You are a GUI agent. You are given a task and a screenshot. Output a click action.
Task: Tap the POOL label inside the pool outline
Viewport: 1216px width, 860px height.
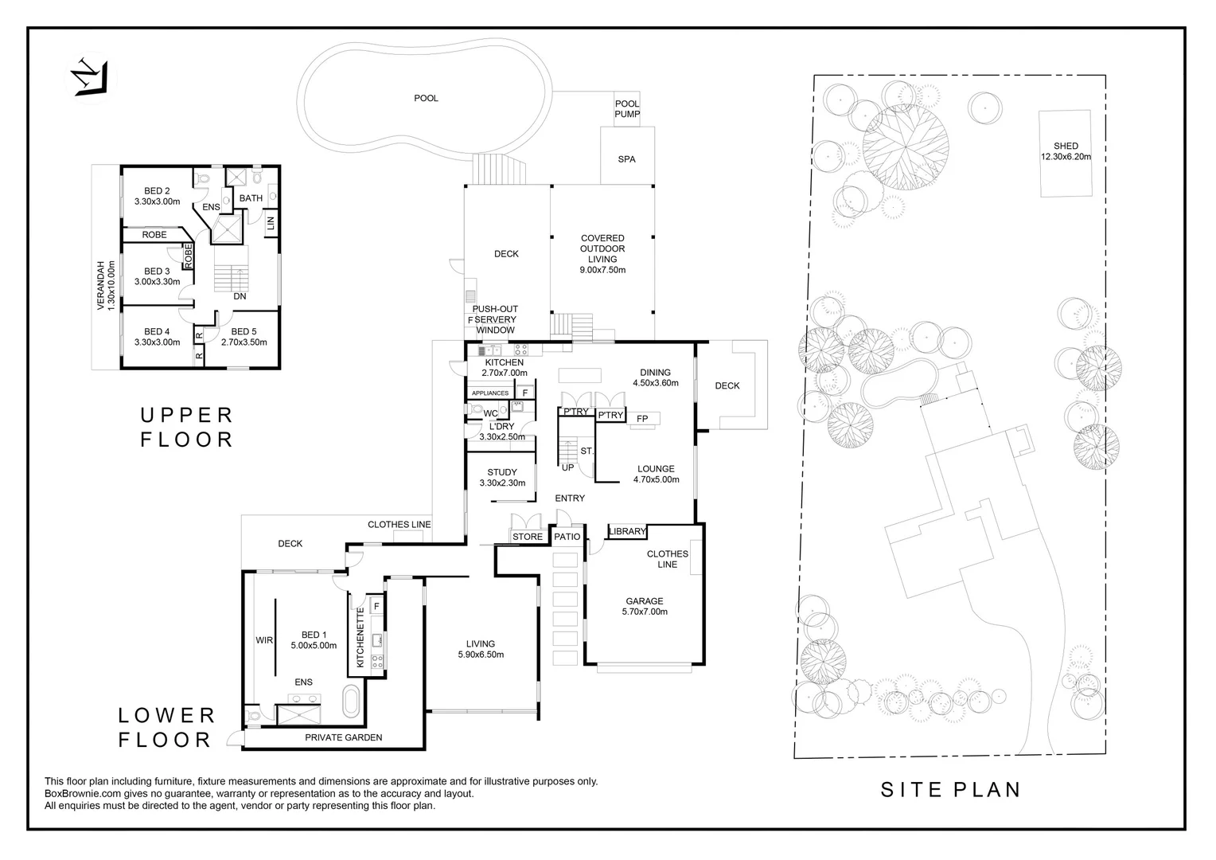[x=426, y=99]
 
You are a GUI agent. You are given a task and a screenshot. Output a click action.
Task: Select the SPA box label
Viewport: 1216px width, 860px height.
[x=626, y=159]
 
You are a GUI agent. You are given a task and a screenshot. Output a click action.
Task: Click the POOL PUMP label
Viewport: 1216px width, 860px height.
[x=626, y=109]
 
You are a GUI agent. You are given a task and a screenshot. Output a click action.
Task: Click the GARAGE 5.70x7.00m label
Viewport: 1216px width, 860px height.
[x=644, y=607]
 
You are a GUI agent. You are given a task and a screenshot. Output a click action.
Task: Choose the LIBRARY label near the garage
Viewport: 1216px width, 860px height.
[x=627, y=532]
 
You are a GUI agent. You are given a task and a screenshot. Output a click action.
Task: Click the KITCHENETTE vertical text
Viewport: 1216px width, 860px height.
[x=360, y=637]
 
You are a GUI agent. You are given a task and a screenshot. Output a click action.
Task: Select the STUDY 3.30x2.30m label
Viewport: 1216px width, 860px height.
[x=502, y=478]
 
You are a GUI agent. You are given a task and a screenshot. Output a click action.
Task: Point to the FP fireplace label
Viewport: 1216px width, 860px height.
[x=642, y=419]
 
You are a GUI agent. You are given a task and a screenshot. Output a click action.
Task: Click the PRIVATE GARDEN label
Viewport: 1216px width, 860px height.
[x=343, y=737]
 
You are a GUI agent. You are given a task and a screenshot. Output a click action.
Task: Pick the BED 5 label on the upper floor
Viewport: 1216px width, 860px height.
[x=244, y=337]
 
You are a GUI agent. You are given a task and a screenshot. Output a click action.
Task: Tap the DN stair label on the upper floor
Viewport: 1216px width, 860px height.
[x=240, y=296]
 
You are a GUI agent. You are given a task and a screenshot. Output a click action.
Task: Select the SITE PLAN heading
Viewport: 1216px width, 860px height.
[x=950, y=789]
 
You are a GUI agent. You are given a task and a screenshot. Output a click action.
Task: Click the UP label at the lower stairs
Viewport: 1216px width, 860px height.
[x=567, y=467]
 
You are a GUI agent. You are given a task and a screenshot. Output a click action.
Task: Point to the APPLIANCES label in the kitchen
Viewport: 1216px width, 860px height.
[x=490, y=393]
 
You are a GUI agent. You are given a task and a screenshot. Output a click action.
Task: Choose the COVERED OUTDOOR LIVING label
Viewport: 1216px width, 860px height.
[x=602, y=254]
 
